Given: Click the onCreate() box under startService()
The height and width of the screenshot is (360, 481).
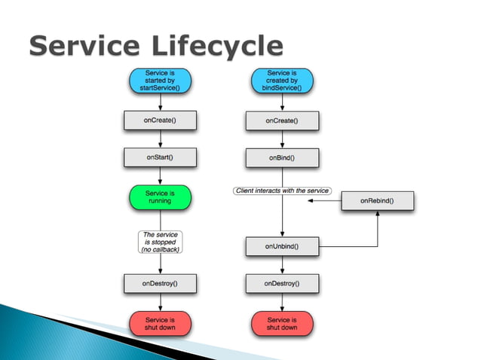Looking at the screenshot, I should pos(159,121).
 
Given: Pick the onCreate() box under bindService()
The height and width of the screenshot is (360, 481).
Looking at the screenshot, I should pos(282,121).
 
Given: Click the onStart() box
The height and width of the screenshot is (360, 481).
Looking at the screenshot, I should pos(159,158).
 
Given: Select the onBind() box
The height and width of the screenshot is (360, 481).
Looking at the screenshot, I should pos(282,158).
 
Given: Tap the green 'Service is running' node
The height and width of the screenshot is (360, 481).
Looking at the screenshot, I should pos(159,197).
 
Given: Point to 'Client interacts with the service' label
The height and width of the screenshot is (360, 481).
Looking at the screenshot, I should pos(282,191).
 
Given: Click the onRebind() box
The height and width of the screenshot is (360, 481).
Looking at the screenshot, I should pos(376,201).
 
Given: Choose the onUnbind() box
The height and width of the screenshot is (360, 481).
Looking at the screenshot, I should pos(282,246).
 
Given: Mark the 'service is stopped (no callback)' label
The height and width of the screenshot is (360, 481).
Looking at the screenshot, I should pos(159,242).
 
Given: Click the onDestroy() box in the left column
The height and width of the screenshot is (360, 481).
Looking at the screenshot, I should pos(159,284).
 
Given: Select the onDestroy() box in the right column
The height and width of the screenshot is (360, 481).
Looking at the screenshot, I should pos(282,284).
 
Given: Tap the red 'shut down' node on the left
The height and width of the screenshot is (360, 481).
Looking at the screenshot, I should pos(159,324).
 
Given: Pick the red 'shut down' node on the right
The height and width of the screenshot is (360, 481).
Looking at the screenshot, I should pos(282,324).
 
